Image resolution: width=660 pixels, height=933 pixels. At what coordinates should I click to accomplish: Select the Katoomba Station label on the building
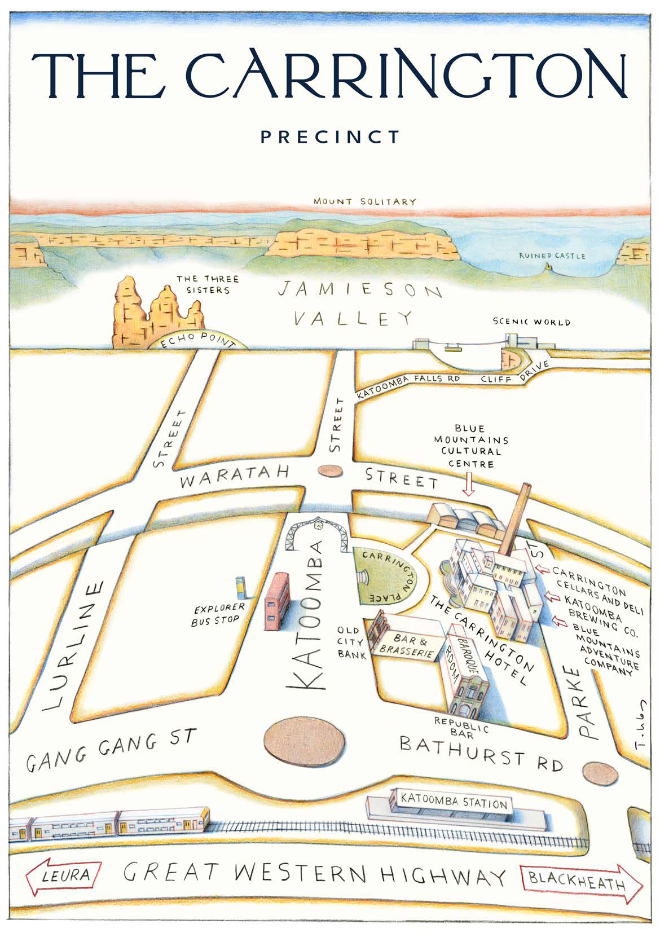(x=454, y=802)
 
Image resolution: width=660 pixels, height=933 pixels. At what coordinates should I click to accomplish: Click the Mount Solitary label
(x=365, y=201)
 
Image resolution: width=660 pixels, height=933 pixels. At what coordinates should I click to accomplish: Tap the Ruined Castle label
(x=552, y=256)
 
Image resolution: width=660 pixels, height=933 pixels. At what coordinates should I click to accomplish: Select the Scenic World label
(x=531, y=322)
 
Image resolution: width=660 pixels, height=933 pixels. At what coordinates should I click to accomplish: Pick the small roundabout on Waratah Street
(x=329, y=470)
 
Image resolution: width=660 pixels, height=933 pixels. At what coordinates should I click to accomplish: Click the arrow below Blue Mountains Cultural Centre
(x=469, y=485)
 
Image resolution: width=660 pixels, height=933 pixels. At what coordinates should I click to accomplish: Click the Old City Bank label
(x=352, y=642)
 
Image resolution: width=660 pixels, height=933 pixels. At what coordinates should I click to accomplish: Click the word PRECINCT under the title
(x=330, y=137)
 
